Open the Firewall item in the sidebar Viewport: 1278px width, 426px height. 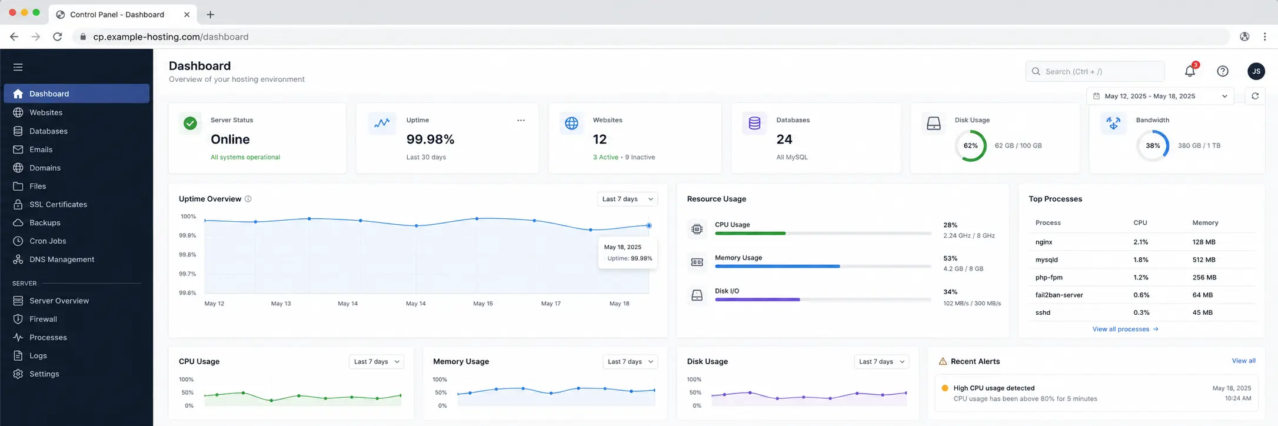click(x=43, y=319)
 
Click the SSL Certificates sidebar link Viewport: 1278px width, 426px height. click(x=58, y=204)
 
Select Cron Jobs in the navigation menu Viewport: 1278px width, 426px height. click(x=48, y=241)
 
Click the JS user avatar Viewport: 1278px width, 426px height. click(x=1256, y=71)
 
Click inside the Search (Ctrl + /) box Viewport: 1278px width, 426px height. click(x=1095, y=71)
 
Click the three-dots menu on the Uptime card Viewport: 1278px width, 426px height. click(x=521, y=120)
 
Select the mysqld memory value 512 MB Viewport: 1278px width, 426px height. click(x=1204, y=259)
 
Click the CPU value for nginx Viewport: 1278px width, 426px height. click(x=1141, y=242)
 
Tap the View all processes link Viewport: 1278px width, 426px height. click(x=1125, y=329)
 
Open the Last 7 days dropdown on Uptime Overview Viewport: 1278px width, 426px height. click(x=627, y=199)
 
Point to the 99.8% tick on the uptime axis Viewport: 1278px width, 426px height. click(x=188, y=255)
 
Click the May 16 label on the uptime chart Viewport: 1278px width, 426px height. click(x=483, y=304)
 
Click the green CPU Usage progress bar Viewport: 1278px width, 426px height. click(x=750, y=234)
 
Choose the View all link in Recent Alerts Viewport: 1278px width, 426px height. click(x=1243, y=361)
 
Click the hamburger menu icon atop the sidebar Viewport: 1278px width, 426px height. click(x=18, y=67)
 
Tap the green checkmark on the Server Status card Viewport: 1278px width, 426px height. click(x=190, y=123)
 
